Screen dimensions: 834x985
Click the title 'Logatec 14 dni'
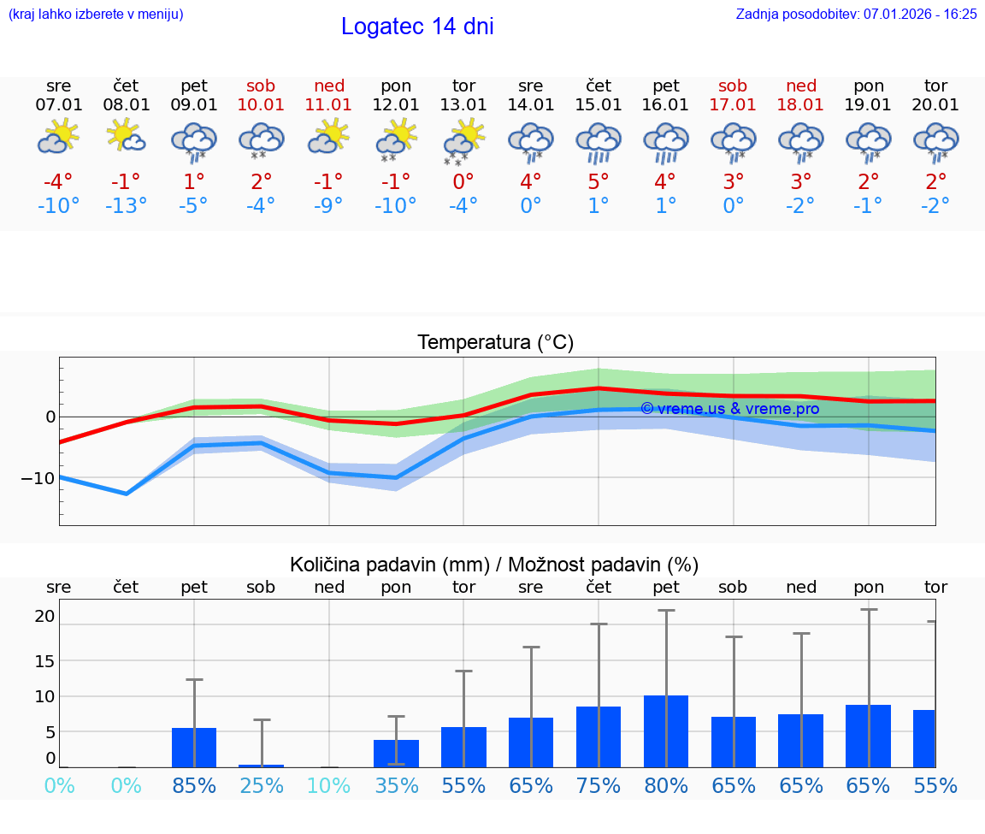coord(417,27)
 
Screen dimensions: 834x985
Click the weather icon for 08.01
coord(126,137)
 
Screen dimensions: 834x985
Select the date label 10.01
coord(261,105)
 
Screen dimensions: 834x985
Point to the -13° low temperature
coord(126,205)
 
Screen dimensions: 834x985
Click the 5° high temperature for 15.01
coord(598,181)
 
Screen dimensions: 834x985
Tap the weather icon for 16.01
coord(665,142)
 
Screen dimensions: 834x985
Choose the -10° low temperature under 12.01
coord(396,205)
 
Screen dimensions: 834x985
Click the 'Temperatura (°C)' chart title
coord(495,343)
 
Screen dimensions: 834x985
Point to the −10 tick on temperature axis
coord(38,478)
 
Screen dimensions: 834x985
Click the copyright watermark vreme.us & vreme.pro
coord(729,409)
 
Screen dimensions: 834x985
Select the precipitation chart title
coord(494,565)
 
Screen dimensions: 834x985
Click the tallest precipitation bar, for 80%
coord(665,731)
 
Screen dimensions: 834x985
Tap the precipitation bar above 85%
coord(194,748)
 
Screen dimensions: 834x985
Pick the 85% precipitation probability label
coord(194,785)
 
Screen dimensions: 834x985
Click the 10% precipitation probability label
coord(328,785)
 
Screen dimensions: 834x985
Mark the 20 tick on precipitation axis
coord(44,616)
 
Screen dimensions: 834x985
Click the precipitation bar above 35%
coord(396,754)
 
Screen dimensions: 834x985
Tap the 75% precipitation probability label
coord(598,785)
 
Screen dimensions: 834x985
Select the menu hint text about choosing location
coord(96,14)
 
